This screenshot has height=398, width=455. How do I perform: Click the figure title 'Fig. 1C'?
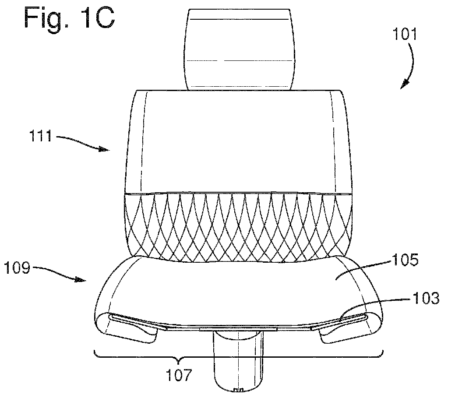click(69, 18)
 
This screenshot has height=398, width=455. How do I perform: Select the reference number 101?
click(405, 34)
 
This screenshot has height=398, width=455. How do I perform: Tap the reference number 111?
click(41, 136)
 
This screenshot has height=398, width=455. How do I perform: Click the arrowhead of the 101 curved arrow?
click(405, 85)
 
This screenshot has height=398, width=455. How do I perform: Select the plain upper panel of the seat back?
click(239, 141)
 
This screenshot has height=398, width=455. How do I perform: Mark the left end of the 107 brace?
click(95, 351)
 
